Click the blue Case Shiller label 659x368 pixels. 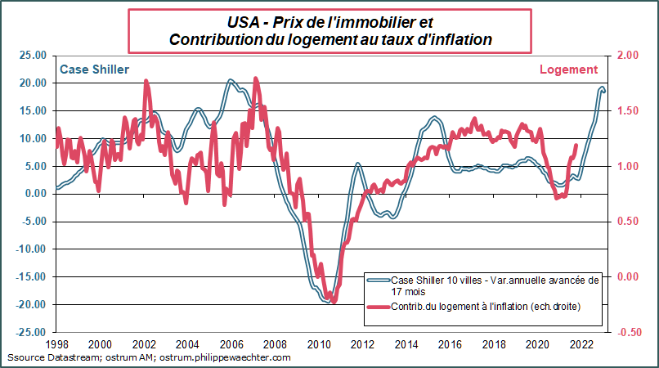94,70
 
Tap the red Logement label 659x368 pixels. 568,70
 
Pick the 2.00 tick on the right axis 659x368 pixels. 627,55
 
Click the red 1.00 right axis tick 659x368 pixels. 627,166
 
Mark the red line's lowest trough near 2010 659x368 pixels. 332,301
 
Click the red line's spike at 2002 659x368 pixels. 146,82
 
